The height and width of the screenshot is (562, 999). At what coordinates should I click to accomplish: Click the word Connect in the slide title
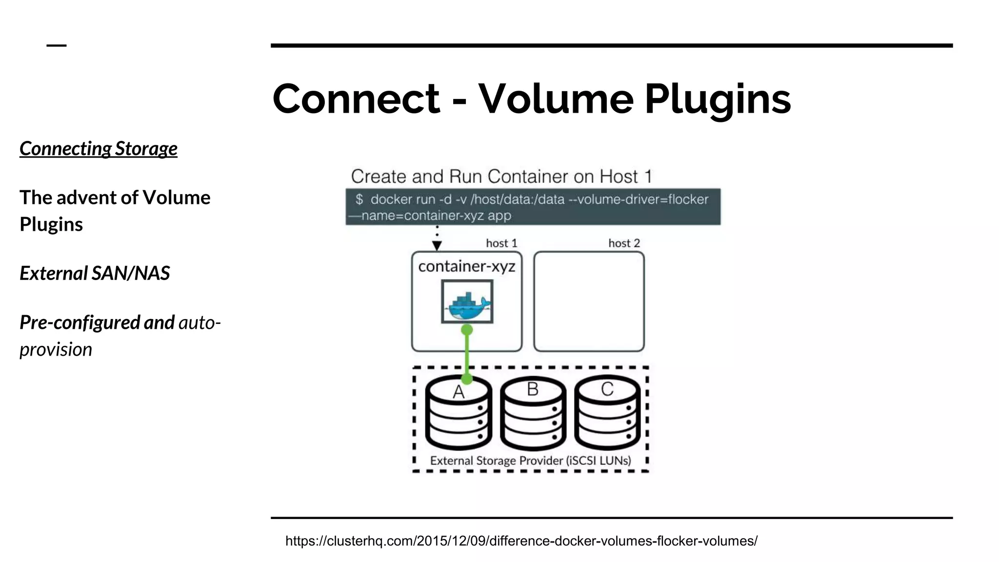coord(356,99)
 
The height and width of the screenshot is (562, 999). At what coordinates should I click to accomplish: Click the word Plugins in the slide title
coord(718,99)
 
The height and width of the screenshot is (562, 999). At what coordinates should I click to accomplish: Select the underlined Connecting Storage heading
coord(99,149)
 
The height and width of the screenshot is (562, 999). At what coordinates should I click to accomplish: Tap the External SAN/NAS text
coord(95,273)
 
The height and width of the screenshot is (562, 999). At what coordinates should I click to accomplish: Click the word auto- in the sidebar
coord(200,323)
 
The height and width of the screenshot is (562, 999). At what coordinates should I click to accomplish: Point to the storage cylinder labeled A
coord(458,415)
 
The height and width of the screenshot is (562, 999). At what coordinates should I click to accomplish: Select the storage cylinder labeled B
coord(533,415)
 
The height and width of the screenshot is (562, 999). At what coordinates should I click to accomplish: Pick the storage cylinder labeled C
coord(607,415)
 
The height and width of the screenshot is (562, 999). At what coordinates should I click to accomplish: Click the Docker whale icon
coord(467,302)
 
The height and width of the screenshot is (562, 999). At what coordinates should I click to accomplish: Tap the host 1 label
coord(501,243)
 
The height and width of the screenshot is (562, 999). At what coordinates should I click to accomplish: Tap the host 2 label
coord(624,243)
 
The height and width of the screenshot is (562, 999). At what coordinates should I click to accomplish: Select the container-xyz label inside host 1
coord(467,266)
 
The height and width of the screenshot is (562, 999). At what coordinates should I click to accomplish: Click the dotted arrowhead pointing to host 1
coord(437,245)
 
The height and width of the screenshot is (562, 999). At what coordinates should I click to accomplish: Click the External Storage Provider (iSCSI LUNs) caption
coord(530,461)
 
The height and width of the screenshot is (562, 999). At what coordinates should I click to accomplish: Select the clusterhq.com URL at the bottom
coord(521,541)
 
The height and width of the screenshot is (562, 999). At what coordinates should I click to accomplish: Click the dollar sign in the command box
coord(360,200)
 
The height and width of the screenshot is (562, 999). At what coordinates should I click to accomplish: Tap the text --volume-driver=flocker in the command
coord(639,200)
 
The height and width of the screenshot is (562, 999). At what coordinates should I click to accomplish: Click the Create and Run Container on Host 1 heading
coord(501,177)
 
